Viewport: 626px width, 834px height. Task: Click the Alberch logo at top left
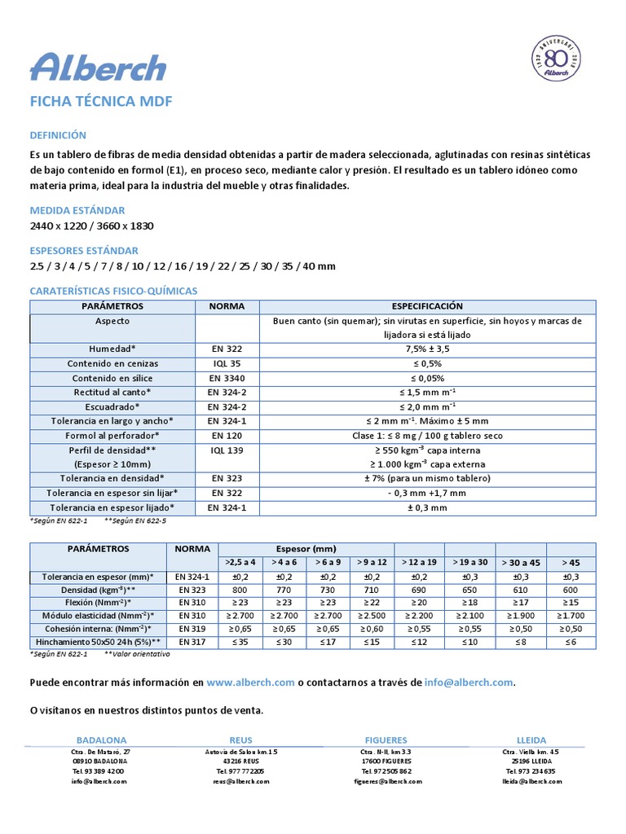98,67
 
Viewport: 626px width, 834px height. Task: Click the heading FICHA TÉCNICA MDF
101,103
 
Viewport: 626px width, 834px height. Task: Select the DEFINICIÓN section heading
57,135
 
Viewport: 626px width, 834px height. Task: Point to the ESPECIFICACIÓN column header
427,306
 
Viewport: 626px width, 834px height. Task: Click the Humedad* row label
113,349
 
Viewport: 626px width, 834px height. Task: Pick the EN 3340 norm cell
227,378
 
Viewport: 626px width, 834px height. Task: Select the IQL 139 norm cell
227,450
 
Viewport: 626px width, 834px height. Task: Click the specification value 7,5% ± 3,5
427,349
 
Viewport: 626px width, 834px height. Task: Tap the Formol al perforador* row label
113,436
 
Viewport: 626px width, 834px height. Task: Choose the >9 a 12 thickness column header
370,562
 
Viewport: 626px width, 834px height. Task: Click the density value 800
240,589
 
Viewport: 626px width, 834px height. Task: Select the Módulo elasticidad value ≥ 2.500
370,615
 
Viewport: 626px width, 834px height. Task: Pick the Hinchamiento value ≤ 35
240,642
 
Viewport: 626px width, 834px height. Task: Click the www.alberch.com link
249,683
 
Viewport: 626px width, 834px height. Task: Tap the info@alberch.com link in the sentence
469,683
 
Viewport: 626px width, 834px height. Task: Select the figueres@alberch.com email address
388,781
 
